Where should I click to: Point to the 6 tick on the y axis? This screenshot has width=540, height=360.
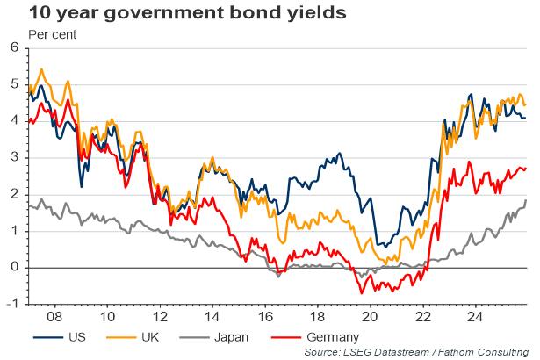tap(13, 47)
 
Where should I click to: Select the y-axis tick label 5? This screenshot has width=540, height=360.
tap(13, 84)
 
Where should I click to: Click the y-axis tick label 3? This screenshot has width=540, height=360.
tap(13, 157)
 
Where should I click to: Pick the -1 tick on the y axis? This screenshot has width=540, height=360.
tap(11, 304)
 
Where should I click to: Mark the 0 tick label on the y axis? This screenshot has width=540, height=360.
tap(13, 267)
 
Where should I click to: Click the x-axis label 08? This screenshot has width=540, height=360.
tap(53, 315)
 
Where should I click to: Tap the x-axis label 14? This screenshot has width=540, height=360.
tap(211, 315)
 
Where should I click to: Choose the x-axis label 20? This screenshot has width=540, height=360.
tap(369, 315)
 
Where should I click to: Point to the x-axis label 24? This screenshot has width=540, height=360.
tap(474, 315)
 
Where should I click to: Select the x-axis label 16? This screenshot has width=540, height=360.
tap(263, 315)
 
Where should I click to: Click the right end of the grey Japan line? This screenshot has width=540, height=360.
tap(526, 201)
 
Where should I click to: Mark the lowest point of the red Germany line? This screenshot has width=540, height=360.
tap(360, 293)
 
